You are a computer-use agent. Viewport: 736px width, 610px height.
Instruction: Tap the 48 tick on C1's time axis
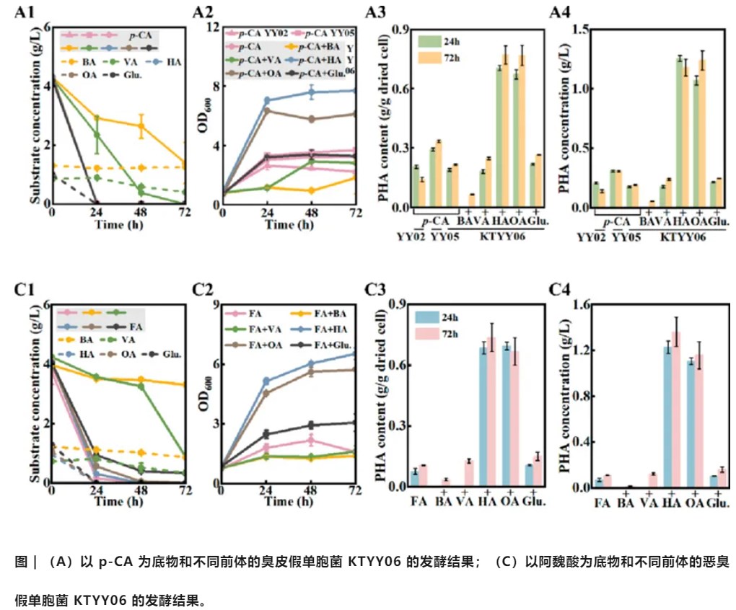click(x=141, y=492)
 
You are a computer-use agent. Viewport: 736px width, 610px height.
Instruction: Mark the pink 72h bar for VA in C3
click(x=468, y=473)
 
